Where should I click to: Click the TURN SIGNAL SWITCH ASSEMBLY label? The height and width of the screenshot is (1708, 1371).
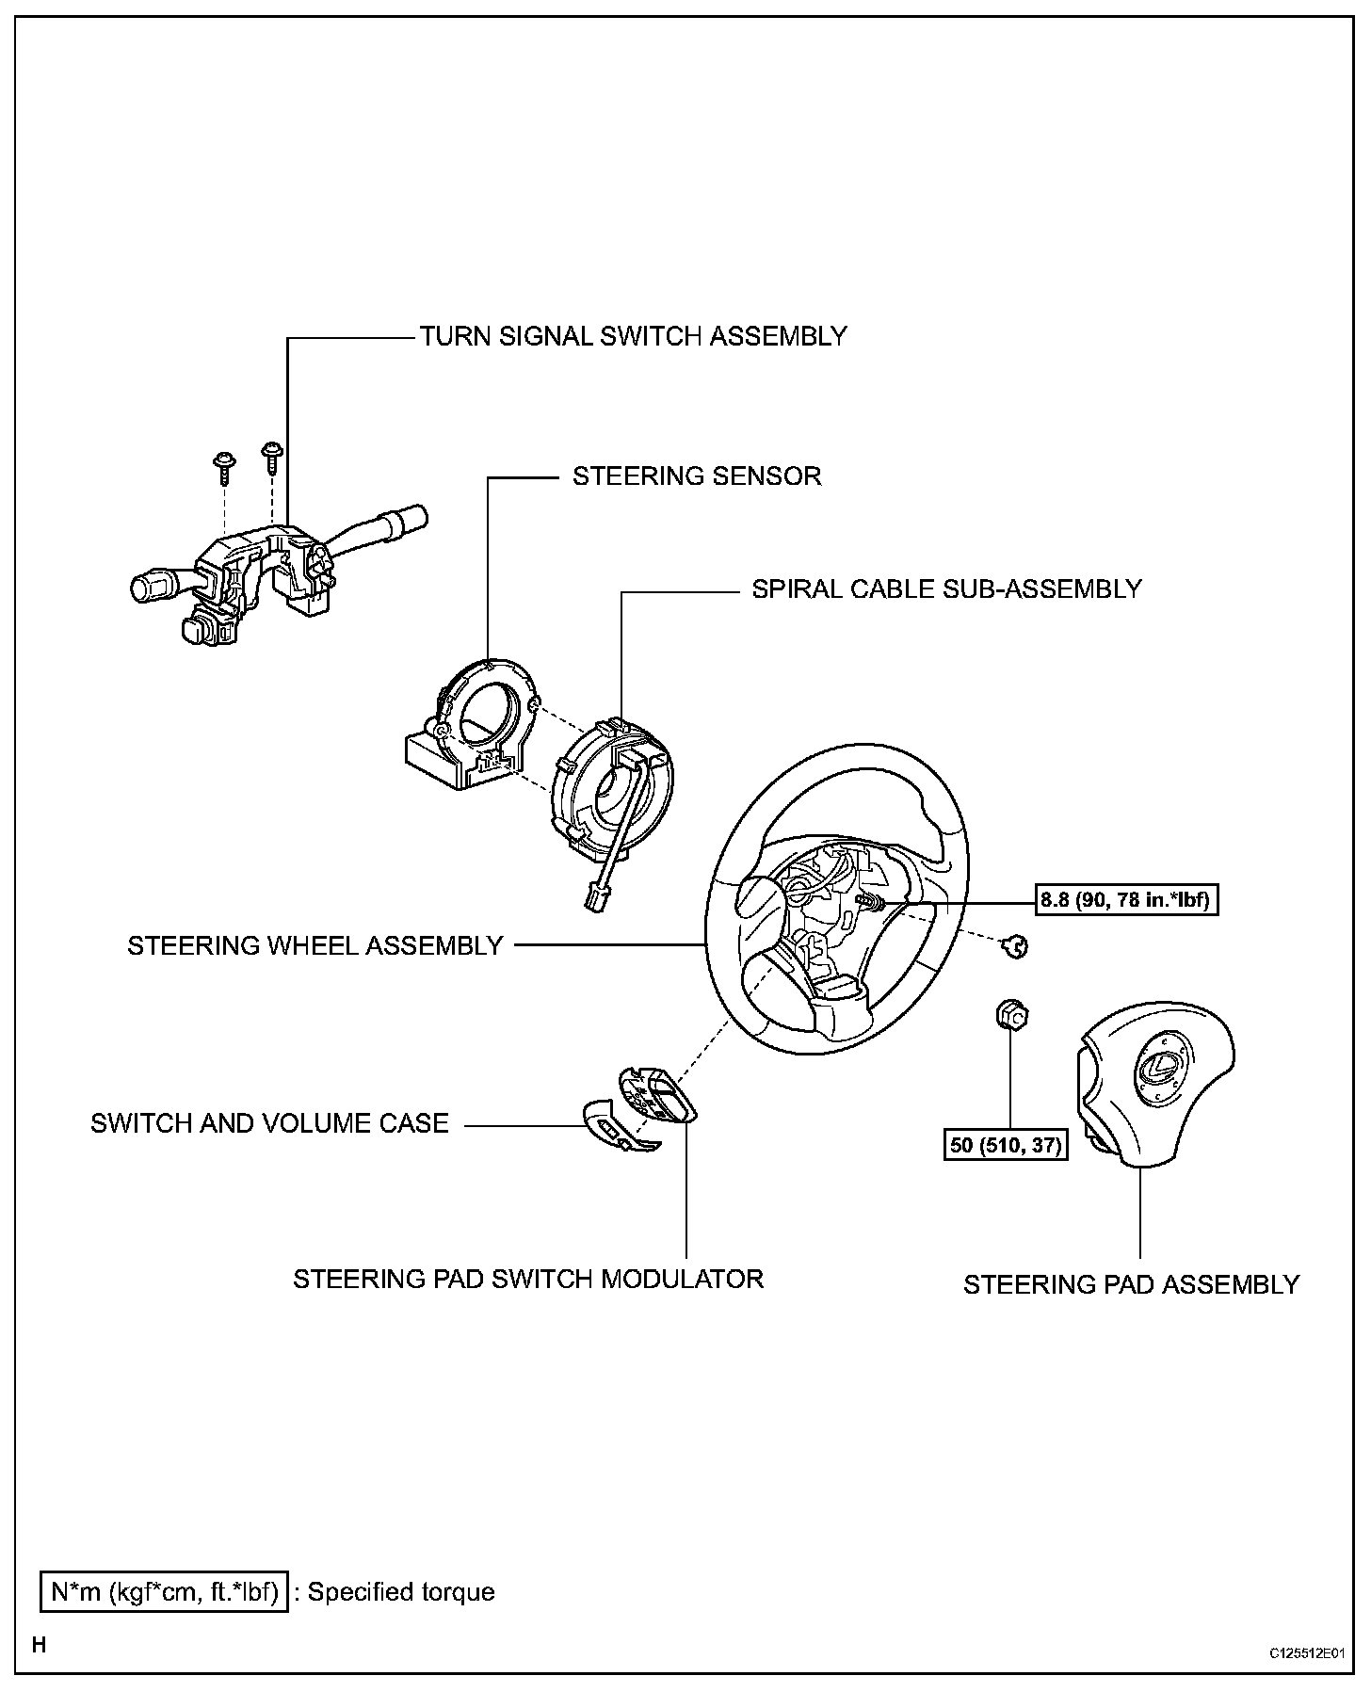coord(633,336)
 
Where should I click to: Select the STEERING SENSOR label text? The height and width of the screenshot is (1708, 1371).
coord(697,476)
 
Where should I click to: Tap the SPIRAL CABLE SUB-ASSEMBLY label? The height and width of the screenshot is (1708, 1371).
coord(946,589)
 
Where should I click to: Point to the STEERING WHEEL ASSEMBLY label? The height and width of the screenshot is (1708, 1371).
coord(315,945)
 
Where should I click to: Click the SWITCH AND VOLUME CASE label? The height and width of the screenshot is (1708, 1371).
coord(269,1123)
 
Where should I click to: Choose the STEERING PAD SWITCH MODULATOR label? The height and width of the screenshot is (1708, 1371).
coord(528,1279)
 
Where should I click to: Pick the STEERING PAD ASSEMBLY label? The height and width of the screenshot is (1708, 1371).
coord(1131,1284)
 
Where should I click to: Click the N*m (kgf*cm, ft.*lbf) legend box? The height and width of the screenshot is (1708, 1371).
coord(165,1592)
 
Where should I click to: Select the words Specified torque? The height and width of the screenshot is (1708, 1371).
coord(401,1592)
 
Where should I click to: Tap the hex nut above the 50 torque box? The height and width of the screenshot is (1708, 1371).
coord(1011,1016)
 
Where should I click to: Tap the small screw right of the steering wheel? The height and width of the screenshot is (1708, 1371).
coord(1015,947)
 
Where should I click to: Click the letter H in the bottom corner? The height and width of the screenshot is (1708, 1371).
coord(40,1645)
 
